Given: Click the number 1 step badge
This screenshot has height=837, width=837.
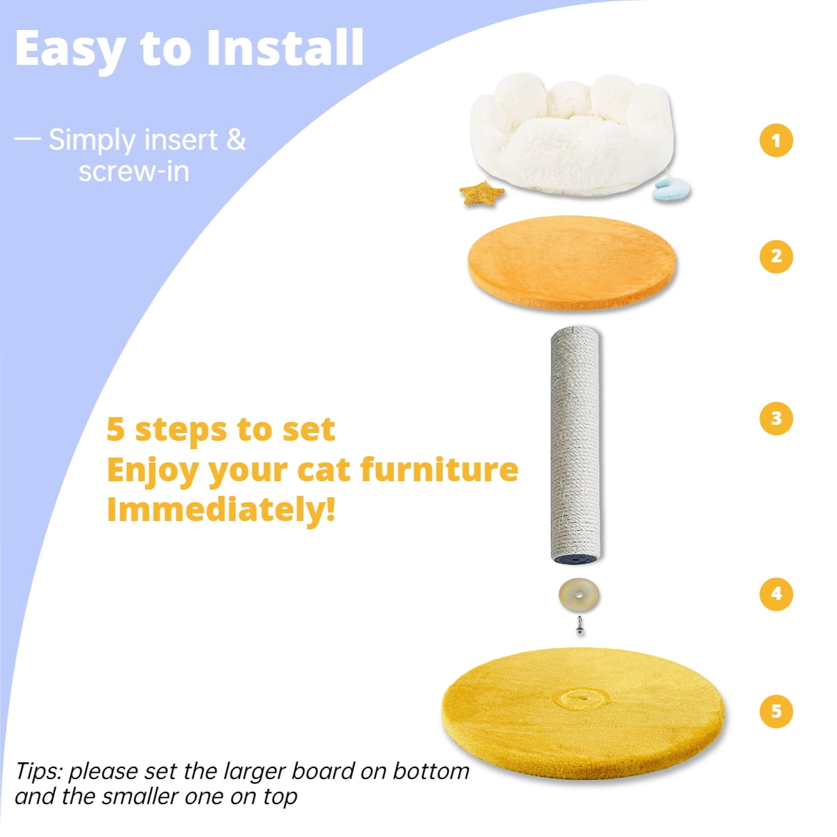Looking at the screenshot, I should point(776,140).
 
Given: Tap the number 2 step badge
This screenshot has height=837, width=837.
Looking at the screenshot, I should point(776,256).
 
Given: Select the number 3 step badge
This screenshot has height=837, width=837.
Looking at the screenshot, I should point(776,418).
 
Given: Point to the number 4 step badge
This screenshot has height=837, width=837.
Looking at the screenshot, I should point(776,594).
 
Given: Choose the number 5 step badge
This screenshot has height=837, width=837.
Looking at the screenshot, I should point(776,711).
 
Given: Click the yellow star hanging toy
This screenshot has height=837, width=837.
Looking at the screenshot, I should point(481,193).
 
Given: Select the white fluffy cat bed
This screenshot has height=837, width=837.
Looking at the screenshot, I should point(572,133).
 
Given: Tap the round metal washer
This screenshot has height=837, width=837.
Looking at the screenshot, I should point(579,595).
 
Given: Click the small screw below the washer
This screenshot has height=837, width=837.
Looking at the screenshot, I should point(579,626).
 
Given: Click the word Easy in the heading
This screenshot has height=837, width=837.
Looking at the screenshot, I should point(70,49).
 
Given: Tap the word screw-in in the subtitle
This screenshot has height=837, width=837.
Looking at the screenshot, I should point(134,172).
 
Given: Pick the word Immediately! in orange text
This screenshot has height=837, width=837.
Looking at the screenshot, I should point(221,509).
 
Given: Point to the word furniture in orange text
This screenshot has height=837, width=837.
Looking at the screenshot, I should point(439,469).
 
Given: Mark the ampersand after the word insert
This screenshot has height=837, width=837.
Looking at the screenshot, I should point(236,139).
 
